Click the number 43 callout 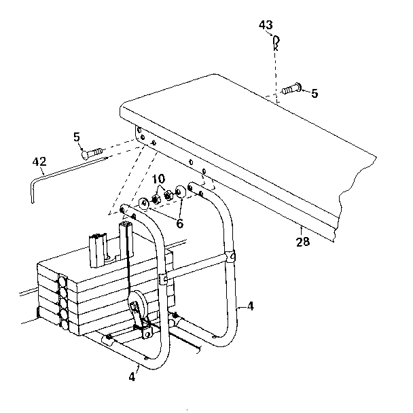point(266,26)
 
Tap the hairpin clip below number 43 point(275,44)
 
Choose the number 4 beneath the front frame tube point(132,376)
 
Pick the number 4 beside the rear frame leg point(250,306)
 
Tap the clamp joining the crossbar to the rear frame point(230,257)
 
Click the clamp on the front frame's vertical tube point(164,279)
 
